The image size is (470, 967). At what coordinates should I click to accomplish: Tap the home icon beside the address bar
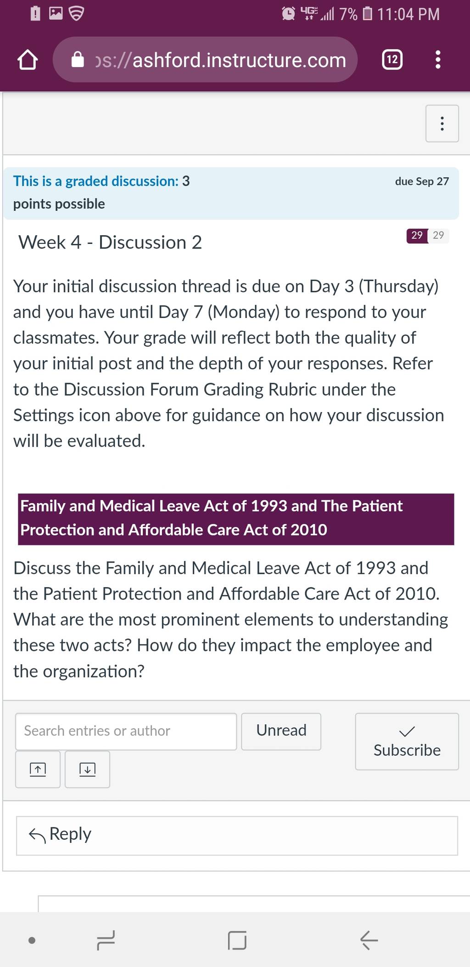pos(28,60)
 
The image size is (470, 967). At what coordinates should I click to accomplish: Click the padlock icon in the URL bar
pos(78,60)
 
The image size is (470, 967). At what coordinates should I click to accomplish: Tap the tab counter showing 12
pos(392,60)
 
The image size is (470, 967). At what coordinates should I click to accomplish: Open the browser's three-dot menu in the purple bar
pos(438,60)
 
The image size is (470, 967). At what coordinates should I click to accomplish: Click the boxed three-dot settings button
pos(442,124)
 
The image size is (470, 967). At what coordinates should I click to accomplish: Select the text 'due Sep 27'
pos(422,181)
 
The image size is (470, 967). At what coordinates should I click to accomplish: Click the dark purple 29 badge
pos(417,235)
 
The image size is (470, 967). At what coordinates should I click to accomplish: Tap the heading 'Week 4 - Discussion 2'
pos(110,242)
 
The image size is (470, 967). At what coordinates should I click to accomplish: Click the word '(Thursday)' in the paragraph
pos(398,286)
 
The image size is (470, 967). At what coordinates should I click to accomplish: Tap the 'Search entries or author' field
pos(126,731)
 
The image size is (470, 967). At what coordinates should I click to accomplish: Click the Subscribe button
pos(407,741)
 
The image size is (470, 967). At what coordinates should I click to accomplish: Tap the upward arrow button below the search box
pos(38,769)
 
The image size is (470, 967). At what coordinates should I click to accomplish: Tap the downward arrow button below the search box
pos(87,769)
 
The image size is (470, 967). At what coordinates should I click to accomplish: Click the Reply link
pos(60,834)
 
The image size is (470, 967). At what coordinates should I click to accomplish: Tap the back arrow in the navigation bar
pos(369,940)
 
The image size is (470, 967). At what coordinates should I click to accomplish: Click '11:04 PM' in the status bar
pos(408,14)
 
